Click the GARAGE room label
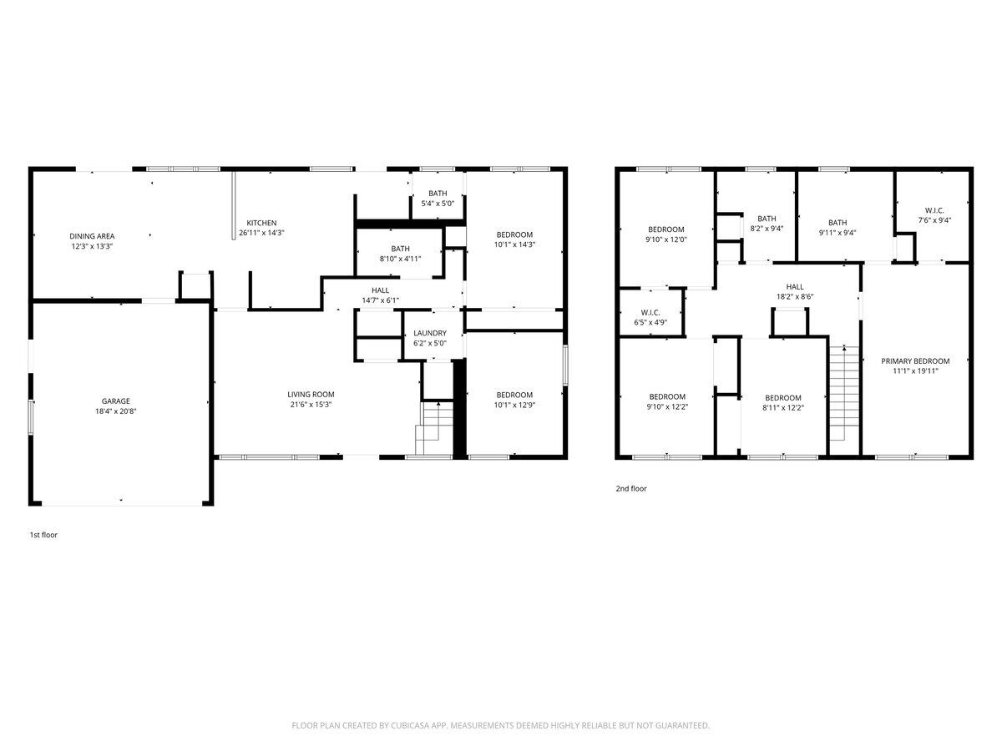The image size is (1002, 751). click(115, 401)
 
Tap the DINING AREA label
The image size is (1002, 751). click(92, 236)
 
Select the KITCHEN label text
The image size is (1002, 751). click(261, 223)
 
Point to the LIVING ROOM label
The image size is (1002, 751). click(311, 394)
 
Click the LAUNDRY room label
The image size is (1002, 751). click(430, 333)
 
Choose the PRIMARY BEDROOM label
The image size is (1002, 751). click(915, 360)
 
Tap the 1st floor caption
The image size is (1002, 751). click(43, 535)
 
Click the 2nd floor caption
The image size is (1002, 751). click(631, 488)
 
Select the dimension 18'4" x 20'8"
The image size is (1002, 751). click(115, 411)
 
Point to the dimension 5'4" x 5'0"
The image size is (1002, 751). click(438, 204)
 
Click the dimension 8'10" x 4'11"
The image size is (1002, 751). click(400, 259)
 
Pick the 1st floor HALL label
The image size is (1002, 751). click(380, 290)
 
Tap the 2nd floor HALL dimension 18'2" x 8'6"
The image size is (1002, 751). click(795, 296)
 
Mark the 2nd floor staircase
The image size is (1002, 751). click(844, 394)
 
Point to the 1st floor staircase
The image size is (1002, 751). click(434, 428)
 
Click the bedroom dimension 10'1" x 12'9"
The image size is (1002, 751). click(514, 405)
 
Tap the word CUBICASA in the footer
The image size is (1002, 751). click(409, 725)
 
